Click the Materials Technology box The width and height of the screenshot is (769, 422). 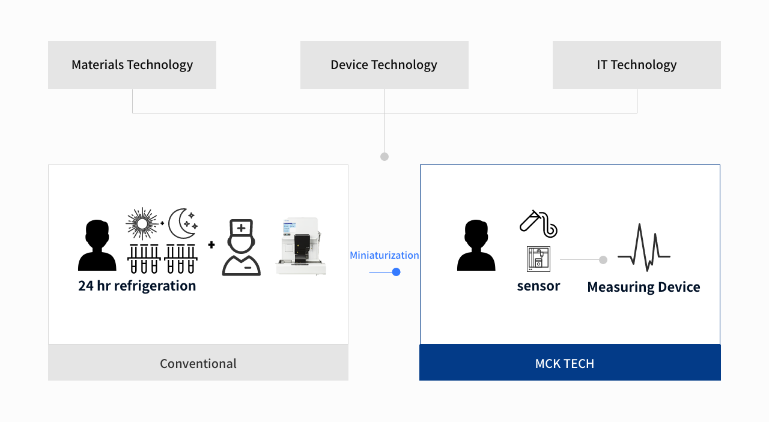132,65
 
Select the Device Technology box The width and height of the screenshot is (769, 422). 384,65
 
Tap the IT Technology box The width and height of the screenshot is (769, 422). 636,65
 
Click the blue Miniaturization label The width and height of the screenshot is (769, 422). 384,255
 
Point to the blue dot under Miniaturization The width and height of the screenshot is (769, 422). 396,272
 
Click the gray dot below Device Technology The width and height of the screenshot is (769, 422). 384,157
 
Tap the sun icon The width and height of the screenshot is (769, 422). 142,224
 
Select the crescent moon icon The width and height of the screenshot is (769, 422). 182,224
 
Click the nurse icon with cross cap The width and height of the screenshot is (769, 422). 242,247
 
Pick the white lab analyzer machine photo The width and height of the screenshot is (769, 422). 300,246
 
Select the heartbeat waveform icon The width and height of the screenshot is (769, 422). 644,247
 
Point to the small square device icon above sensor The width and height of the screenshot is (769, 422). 538,259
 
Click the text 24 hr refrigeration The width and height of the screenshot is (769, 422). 137,286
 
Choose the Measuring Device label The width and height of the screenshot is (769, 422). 643,287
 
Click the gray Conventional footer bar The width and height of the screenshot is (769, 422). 198,363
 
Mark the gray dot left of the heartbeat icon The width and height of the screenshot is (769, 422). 603,260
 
